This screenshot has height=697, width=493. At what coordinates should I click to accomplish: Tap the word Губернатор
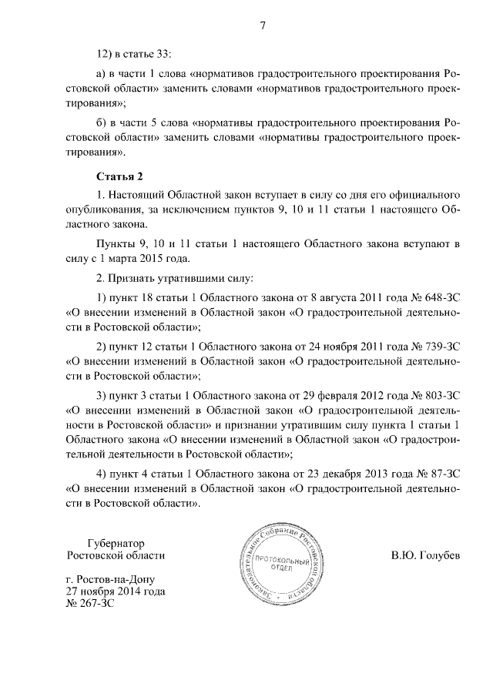116,542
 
